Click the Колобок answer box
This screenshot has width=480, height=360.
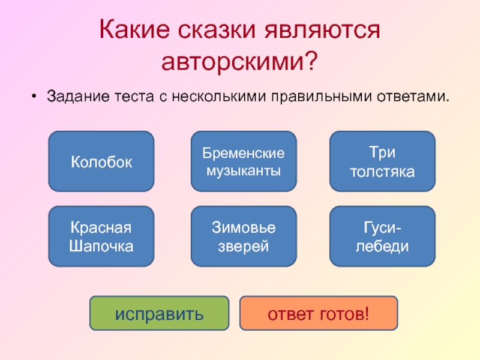[101, 162]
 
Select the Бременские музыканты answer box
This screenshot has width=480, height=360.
[243, 162]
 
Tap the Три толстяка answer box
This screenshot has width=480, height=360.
[382, 162]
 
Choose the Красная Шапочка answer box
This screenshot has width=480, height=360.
[101, 236]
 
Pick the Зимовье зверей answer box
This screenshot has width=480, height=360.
[243, 236]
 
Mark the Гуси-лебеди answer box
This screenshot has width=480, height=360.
[382, 236]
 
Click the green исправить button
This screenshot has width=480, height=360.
[159, 313]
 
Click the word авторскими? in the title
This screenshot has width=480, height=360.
[240, 61]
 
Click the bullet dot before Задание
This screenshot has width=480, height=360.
[35, 96]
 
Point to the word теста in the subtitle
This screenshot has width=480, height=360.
[130, 96]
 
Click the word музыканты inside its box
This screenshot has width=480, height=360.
[243, 171]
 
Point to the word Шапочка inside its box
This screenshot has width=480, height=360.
[101, 245]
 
